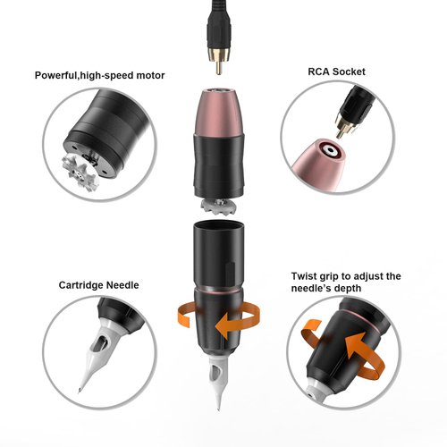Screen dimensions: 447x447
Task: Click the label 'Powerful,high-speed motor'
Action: coord(100,75)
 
